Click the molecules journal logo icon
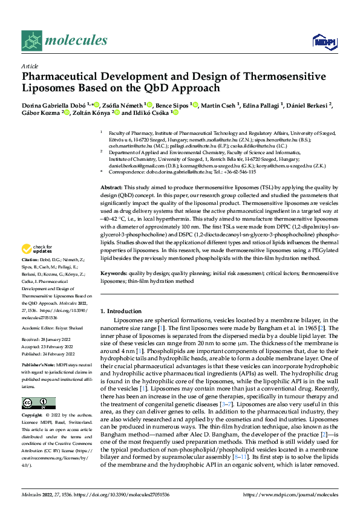coord(31,41)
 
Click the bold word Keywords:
coord(113,274)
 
